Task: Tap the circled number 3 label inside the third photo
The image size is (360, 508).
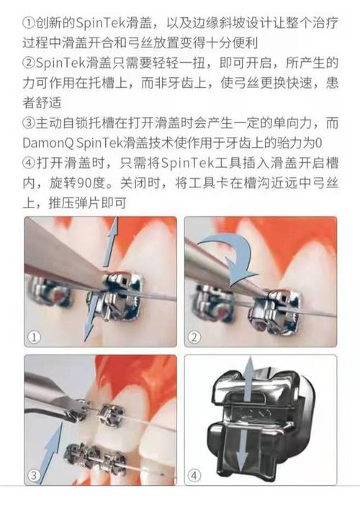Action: point(35,474)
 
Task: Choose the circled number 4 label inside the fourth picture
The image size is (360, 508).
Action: point(196,474)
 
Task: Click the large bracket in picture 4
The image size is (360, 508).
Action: point(263,422)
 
